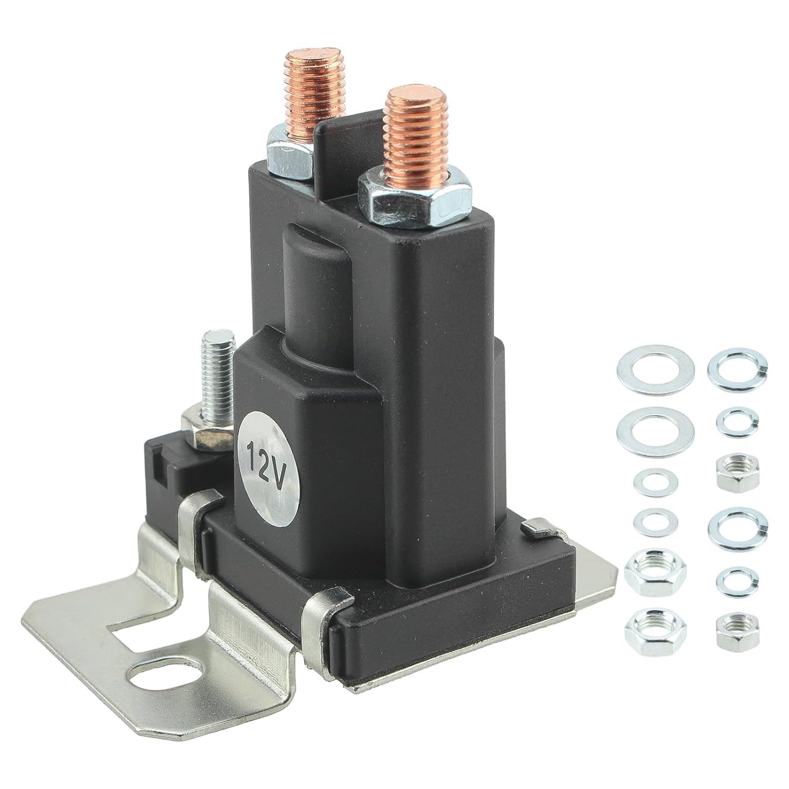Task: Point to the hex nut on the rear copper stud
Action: [x=289, y=156]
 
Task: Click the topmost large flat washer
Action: [x=654, y=370]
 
